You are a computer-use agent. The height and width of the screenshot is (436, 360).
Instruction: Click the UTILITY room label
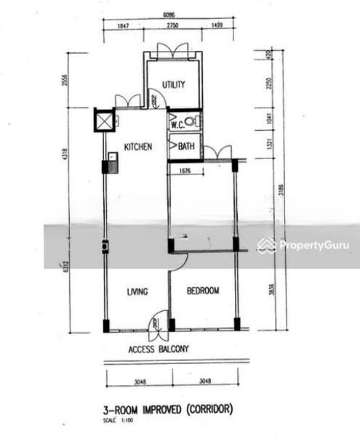point(173,84)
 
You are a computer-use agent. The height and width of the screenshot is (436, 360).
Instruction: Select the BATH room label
point(186,147)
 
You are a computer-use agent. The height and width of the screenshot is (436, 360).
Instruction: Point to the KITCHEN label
point(137,147)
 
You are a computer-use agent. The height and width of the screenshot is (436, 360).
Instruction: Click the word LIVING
point(137,292)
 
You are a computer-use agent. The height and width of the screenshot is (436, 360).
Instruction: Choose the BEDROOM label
point(203,291)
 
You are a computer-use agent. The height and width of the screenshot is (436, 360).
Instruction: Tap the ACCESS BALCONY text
point(159,350)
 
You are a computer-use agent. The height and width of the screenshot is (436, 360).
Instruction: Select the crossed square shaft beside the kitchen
point(105,120)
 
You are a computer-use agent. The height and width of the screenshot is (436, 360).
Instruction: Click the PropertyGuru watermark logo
point(303,246)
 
